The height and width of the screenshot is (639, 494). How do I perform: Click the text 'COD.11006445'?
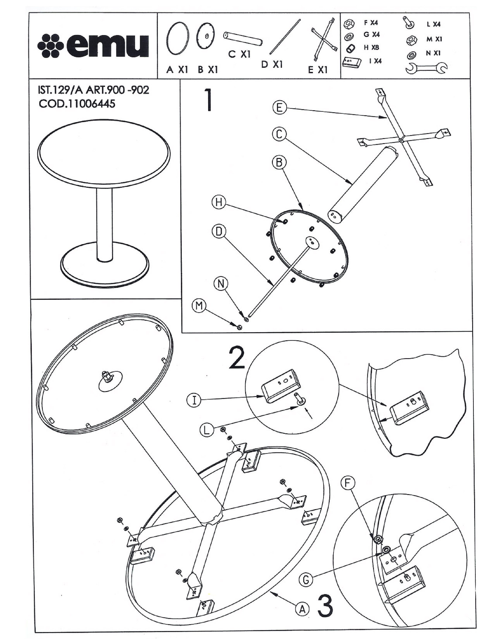point(77,104)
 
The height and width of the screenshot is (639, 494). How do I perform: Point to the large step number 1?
point(208,100)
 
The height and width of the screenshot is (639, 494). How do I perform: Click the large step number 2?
point(237,357)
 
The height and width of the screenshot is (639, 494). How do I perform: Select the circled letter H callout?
point(219,202)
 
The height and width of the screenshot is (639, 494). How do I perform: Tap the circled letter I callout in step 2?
point(194,400)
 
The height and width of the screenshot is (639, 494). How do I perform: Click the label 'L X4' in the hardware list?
point(433,24)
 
